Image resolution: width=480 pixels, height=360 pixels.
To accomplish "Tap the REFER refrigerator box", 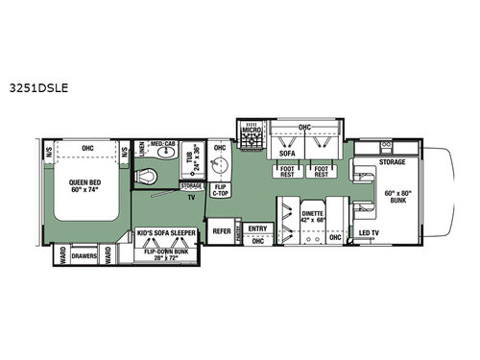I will click(x=222, y=230).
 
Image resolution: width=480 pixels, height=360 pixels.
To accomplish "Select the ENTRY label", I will click(x=255, y=228).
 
